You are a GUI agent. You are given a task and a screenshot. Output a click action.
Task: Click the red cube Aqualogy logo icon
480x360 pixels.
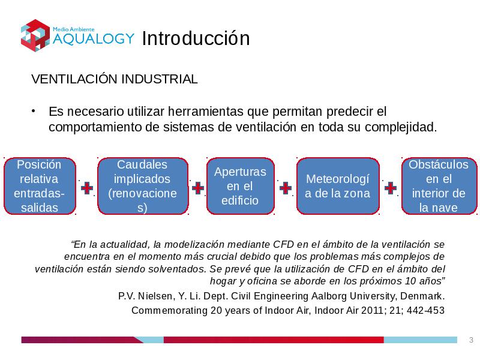[35, 35]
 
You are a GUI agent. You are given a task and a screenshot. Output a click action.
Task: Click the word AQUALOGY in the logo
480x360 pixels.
[94, 38]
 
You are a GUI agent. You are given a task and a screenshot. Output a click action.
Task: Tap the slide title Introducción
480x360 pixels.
[196, 38]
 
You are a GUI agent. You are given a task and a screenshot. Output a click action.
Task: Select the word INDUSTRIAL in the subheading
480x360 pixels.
[160, 79]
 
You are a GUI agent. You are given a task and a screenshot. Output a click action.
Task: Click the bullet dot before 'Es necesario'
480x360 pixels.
[34, 111]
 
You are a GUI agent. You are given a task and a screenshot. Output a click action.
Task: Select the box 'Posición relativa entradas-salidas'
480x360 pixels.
[40, 186]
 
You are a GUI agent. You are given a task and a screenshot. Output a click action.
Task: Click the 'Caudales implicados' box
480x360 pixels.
[143, 186]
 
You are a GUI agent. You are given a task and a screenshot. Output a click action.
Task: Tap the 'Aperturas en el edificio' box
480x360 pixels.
[241, 186]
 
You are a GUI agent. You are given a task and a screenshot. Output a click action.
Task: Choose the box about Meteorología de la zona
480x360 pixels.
[338, 186]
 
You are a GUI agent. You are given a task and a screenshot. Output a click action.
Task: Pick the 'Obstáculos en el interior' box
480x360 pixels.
[439, 186]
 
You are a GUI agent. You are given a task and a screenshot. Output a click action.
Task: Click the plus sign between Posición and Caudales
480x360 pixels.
[87, 188]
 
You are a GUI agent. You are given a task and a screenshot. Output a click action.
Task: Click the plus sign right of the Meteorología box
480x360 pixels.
[391, 188]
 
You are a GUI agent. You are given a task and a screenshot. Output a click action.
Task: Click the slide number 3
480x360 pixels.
[471, 340]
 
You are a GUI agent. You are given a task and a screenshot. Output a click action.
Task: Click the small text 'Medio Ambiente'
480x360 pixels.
[73, 29]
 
